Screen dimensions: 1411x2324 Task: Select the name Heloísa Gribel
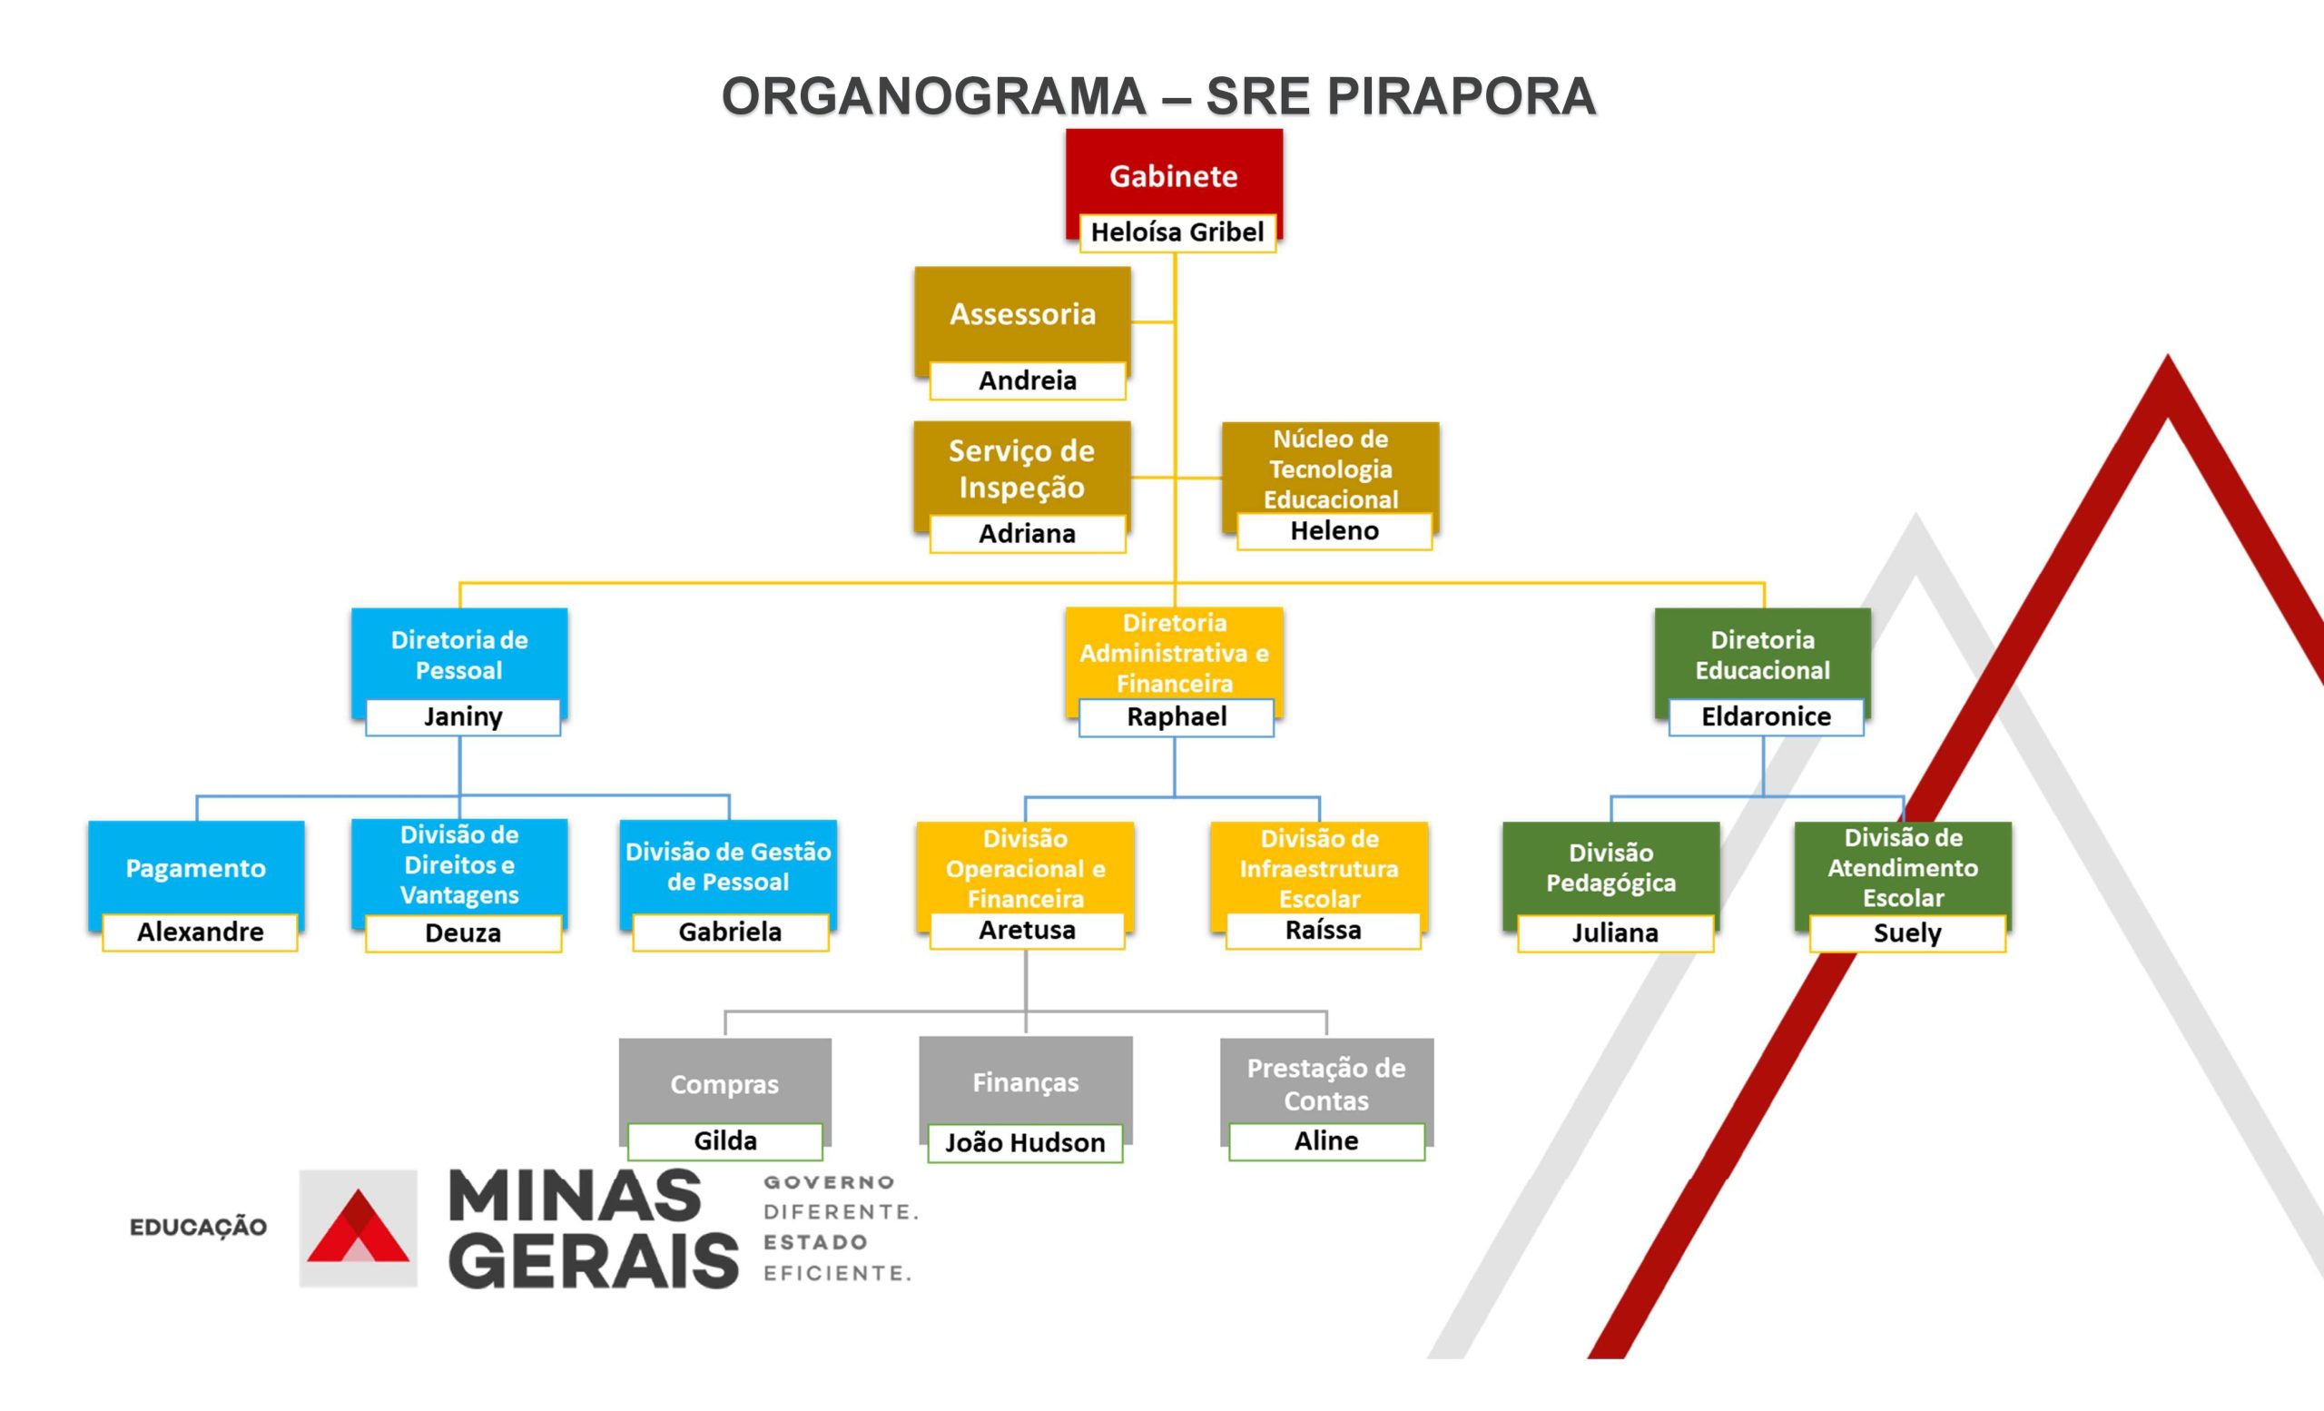point(1177,232)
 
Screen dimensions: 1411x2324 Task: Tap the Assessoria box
point(1022,314)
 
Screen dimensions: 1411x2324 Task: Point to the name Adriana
point(1027,534)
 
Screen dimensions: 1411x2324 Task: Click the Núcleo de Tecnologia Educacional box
point(1330,469)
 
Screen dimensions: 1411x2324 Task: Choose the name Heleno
point(1334,531)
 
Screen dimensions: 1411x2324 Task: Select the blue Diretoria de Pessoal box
point(459,655)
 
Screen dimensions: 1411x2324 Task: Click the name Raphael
point(1177,716)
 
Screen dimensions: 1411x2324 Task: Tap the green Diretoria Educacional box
point(1762,655)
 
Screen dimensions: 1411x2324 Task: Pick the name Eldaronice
point(1766,716)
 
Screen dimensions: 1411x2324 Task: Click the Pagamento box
point(196,868)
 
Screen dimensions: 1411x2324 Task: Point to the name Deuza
point(463,932)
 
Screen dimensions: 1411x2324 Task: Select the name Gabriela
point(730,932)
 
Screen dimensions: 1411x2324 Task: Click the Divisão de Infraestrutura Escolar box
point(1318,868)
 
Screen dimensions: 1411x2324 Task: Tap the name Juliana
point(1615,932)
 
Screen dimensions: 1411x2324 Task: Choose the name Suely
point(1907,932)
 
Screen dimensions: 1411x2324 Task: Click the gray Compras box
point(724,1084)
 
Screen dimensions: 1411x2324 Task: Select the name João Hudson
point(1025,1143)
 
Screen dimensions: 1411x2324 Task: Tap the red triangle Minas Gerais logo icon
point(358,1227)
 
